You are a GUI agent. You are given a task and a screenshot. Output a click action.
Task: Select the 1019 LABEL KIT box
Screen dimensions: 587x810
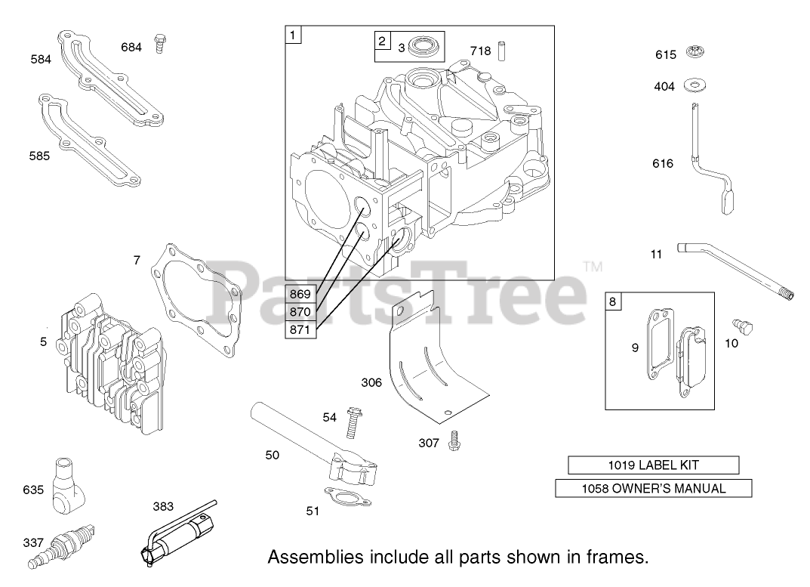coord(653,465)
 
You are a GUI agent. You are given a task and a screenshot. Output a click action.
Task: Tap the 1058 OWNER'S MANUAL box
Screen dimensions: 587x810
coord(653,488)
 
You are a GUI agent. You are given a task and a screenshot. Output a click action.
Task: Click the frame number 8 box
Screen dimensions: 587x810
coord(613,301)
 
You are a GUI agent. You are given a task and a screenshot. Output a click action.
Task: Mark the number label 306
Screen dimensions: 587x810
coord(371,383)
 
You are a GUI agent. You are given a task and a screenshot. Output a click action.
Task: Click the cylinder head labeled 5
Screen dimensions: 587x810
coord(113,363)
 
